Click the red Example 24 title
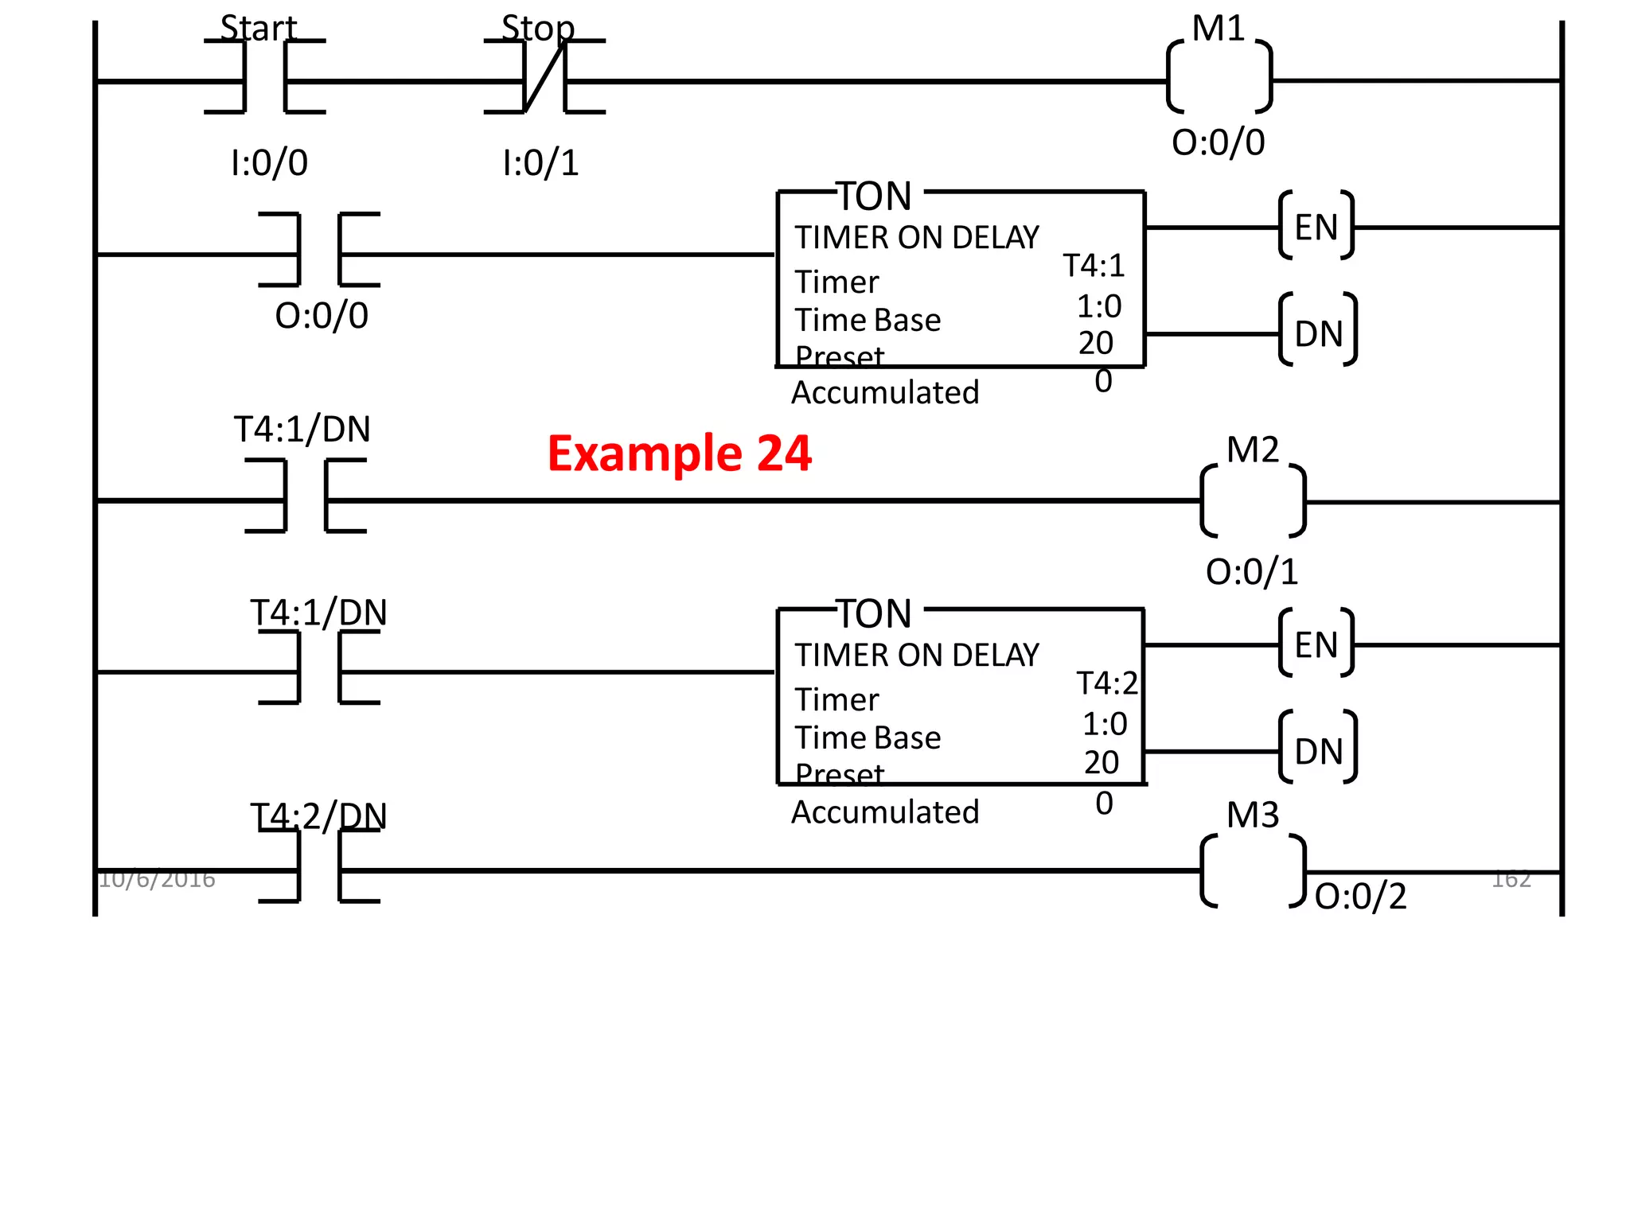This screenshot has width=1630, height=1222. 679,453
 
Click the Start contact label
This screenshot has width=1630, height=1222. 258,29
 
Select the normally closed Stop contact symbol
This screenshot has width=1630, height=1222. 544,77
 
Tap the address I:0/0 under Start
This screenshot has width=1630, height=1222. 269,163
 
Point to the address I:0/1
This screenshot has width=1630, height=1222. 540,163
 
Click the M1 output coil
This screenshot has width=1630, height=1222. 1219,78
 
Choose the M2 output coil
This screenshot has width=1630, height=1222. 1253,501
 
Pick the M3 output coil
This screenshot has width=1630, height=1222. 1253,870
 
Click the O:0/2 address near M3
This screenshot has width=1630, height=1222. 1360,897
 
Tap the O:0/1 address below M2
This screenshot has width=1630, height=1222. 1252,572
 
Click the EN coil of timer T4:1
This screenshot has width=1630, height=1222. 1316,227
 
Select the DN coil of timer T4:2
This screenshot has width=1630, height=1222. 1318,751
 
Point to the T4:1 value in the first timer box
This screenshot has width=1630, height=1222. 1094,266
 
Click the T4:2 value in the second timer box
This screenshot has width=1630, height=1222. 1107,683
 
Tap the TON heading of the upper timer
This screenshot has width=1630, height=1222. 875,196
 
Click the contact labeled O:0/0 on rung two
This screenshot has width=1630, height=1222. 319,250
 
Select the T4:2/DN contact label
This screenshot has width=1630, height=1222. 318,815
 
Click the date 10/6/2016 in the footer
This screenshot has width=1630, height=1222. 157,879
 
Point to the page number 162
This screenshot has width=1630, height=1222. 1511,879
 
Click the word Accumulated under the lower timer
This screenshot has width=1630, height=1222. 885,812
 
